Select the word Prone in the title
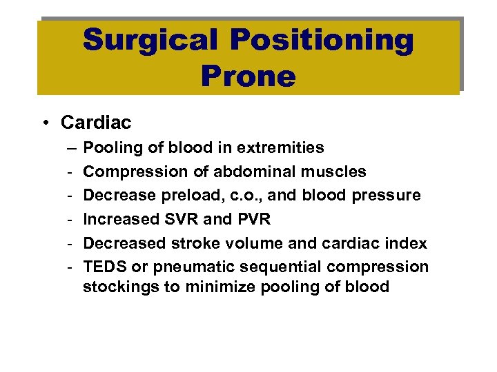coord(248,75)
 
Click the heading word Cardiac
coord(96,123)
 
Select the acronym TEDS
coord(104,267)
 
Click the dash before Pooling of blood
coord(72,147)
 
